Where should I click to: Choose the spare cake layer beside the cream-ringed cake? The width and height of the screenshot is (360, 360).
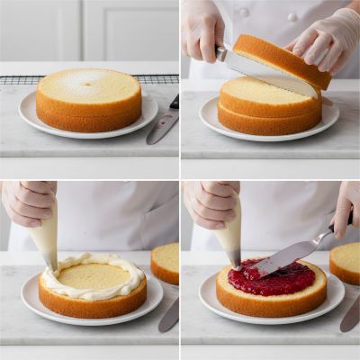tap(166, 262)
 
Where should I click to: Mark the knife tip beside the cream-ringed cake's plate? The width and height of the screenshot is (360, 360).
tap(168, 315)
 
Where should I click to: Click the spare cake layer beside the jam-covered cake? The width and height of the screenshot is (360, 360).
tap(346, 262)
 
